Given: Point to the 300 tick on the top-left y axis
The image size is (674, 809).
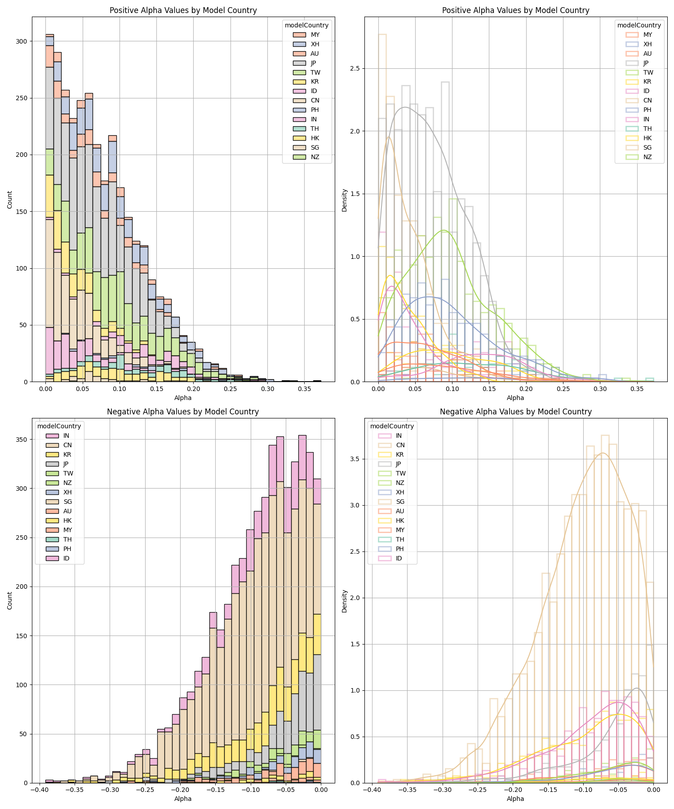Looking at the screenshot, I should coord(21,41).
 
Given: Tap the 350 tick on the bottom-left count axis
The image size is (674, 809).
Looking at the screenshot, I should coord(21,440).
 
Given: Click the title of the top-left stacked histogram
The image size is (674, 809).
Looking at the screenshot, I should coord(183,10).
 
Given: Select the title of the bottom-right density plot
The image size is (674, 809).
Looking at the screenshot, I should coord(515,412).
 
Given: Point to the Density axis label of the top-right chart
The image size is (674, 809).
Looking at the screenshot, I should coord(345,200).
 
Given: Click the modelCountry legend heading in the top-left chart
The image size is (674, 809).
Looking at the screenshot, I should coord(306,25).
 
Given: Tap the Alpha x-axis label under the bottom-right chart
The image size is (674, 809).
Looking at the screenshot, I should coord(515,799).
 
